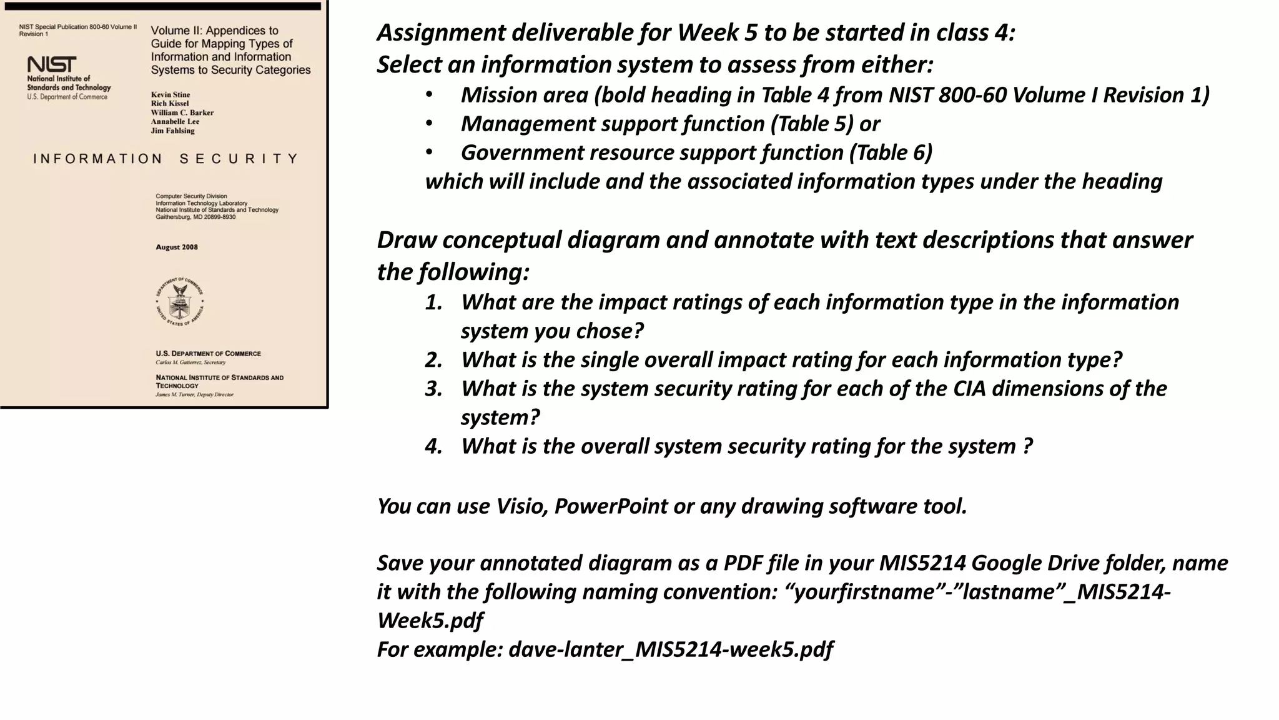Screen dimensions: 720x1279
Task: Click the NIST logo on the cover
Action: [52, 64]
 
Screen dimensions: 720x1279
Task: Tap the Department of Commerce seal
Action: [180, 301]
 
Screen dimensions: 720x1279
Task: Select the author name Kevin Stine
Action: [170, 95]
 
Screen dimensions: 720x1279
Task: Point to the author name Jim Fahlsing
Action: [173, 131]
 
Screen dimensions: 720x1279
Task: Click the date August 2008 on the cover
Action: [177, 247]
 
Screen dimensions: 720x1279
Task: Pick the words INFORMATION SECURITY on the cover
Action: [166, 159]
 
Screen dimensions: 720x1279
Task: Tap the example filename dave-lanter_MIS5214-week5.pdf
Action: [670, 649]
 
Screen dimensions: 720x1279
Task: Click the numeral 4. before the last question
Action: [433, 446]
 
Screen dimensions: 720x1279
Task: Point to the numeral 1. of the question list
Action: [433, 302]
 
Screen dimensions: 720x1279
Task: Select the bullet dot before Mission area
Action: [429, 95]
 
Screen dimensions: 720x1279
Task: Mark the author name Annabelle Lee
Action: [175, 122]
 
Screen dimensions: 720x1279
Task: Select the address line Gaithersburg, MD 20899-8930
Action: [195, 217]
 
